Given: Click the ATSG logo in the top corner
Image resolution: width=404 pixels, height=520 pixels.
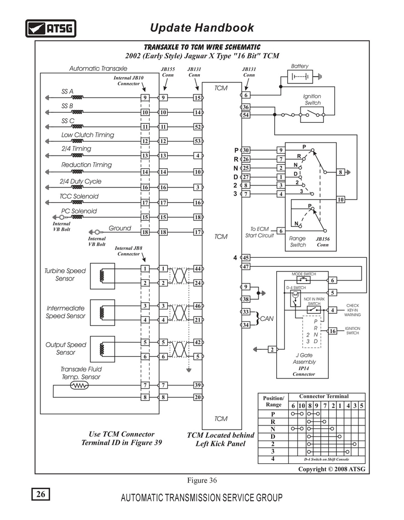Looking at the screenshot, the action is click(x=50, y=28).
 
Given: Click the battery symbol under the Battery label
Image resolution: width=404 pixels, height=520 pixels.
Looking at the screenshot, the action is click(x=300, y=77).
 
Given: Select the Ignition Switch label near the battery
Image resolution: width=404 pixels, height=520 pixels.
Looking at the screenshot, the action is click(x=312, y=100).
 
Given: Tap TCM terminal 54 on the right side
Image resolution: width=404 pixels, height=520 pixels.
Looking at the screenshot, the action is click(x=245, y=115).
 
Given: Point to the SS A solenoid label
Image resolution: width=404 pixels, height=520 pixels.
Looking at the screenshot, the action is click(x=67, y=91).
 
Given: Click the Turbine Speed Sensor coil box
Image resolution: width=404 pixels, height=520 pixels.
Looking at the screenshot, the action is click(x=103, y=276).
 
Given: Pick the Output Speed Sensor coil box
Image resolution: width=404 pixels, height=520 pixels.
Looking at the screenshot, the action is click(x=103, y=349).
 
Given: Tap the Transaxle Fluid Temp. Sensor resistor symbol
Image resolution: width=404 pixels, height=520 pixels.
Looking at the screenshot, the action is click(x=79, y=386).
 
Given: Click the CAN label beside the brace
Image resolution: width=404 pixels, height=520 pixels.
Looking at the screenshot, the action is click(x=267, y=319).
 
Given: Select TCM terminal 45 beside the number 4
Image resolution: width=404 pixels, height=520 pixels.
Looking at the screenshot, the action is click(x=245, y=258).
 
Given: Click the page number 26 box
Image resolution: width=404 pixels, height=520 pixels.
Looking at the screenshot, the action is click(x=40, y=494).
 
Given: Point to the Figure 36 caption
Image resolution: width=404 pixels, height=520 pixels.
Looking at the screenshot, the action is click(x=202, y=480).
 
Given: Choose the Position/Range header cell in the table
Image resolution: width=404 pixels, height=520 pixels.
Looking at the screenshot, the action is click(x=273, y=401).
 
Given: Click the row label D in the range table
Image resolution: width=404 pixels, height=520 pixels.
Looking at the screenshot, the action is click(x=273, y=437).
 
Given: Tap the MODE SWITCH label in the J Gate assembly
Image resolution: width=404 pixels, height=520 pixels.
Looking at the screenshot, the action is click(x=304, y=274).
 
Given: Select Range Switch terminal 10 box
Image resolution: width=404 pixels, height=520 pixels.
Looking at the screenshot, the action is click(x=341, y=199).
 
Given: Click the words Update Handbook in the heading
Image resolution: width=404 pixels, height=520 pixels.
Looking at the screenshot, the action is click(x=202, y=27).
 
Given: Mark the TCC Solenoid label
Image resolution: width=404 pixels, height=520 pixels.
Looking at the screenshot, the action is click(x=79, y=196).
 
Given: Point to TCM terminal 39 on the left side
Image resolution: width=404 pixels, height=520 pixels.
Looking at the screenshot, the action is click(x=197, y=385).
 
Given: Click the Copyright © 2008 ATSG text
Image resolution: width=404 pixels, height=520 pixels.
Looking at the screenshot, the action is click(x=332, y=469).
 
